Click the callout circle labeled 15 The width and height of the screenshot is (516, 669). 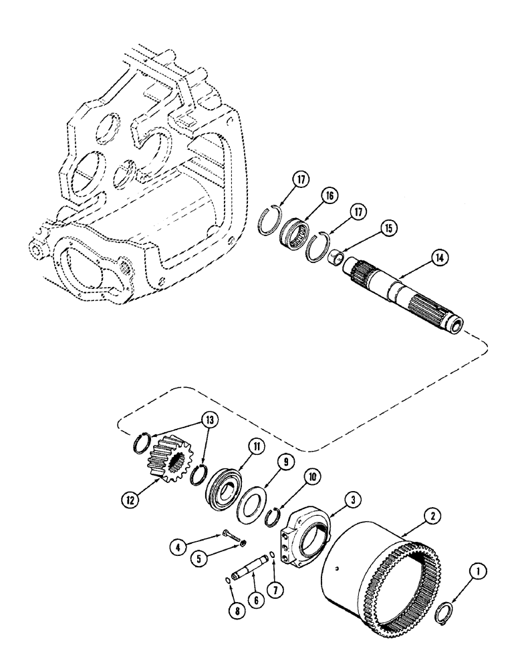tap(385, 228)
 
